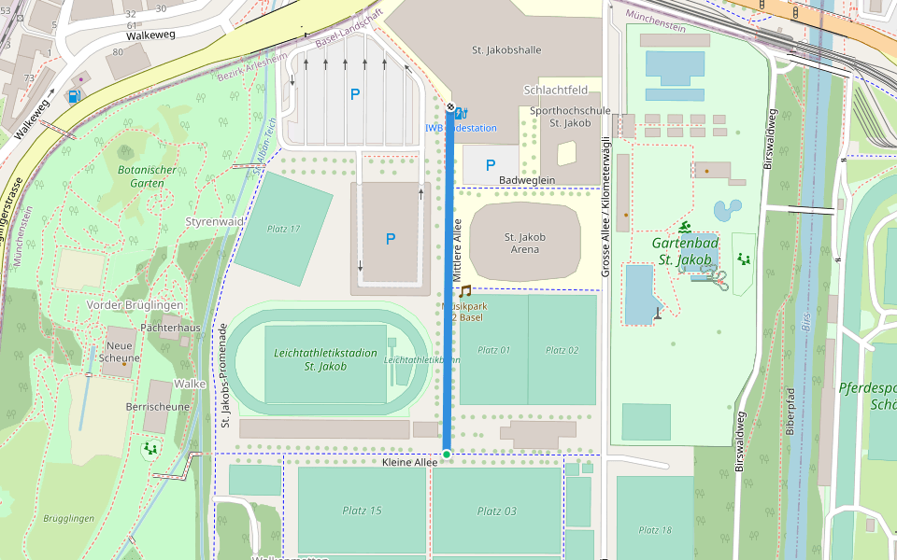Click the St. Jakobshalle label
point(506,49)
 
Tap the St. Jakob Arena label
point(524,244)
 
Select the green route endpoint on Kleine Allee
point(447,455)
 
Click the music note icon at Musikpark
point(464,292)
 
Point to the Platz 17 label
point(283,229)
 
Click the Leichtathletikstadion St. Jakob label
point(312,359)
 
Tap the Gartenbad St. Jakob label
point(685,252)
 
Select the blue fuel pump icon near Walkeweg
point(74,95)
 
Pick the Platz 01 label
point(494,350)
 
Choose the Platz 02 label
point(562,350)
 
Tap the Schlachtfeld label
point(556,91)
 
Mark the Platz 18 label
point(653,530)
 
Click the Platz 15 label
point(363,511)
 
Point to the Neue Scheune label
point(120,352)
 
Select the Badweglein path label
point(527,180)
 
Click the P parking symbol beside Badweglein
point(490,166)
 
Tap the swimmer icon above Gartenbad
point(685,228)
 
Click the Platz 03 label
point(496,511)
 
